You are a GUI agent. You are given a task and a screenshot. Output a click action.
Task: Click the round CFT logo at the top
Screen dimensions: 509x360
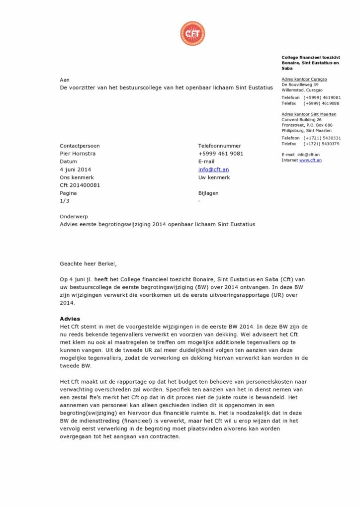192,33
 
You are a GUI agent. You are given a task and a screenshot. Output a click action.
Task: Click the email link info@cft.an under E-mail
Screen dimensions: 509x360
213,170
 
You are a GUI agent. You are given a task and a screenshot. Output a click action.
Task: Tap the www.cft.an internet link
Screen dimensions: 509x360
310,160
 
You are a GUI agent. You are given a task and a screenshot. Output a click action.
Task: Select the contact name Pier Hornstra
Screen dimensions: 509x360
78,154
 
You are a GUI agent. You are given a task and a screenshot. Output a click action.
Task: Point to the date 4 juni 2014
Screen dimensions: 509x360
76,170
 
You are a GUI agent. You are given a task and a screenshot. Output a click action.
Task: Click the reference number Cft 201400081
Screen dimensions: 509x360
80,185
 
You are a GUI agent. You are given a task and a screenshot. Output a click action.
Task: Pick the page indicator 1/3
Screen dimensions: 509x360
65,201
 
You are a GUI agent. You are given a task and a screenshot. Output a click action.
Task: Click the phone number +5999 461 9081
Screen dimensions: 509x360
221,154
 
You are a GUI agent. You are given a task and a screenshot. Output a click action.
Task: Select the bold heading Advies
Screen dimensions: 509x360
70,319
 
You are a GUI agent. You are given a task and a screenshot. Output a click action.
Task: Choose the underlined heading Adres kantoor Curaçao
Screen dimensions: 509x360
304,79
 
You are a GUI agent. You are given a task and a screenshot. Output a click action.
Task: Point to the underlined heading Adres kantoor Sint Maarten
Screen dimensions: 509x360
308,114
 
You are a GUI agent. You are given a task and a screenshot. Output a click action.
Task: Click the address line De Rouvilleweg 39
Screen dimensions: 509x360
300,85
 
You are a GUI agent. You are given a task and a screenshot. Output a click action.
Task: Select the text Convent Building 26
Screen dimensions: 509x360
301,120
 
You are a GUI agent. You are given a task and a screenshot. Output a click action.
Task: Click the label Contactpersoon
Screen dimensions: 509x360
80,146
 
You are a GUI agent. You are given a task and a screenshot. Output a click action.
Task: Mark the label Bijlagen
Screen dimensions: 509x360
208,193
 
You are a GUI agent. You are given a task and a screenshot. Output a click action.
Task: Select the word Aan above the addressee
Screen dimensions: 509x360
65,80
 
